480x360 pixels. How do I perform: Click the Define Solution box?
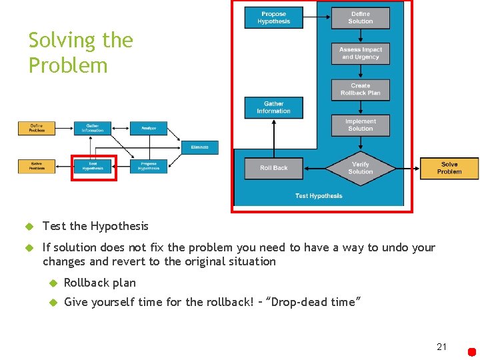coord(360,17)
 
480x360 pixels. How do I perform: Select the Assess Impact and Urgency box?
coord(360,53)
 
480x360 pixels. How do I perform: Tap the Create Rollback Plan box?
coord(360,89)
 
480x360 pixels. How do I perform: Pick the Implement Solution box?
coord(360,125)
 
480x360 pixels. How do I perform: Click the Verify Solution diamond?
coord(360,168)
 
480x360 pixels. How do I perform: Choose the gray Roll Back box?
coord(273,168)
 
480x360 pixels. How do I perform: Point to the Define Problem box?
coord(37,128)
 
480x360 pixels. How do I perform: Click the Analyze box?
coord(149,128)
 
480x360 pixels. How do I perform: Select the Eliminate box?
coord(199,147)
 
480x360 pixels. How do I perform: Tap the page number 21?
coord(441,347)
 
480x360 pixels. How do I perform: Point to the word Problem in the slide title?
coord(68,65)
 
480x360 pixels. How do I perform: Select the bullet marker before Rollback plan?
coord(54,283)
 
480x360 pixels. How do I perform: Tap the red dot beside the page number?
coord(472,351)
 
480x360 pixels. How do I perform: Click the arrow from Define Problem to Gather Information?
coord(65,128)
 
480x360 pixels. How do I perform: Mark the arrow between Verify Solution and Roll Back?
coord(315,168)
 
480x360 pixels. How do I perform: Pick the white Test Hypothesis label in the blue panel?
coord(319,196)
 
